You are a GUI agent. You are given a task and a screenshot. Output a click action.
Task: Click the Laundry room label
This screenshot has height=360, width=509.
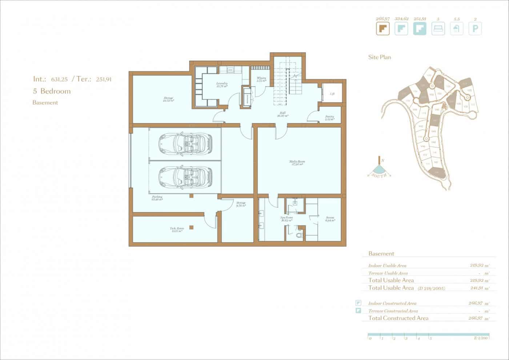point(221,84)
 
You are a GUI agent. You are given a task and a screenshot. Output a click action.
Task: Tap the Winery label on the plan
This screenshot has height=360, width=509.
point(261,79)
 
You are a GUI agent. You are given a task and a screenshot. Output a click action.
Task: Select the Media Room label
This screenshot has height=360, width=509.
point(297,163)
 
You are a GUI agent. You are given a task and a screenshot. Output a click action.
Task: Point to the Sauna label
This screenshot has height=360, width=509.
point(330,219)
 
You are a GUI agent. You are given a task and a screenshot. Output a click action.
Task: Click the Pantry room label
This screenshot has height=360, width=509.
point(329,118)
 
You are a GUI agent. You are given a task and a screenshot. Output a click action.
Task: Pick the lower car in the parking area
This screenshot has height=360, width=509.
point(185,176)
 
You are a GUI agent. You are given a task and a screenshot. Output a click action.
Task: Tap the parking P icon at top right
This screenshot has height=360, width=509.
point(475,28)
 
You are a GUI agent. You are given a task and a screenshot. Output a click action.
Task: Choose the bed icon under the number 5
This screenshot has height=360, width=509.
point(438,28)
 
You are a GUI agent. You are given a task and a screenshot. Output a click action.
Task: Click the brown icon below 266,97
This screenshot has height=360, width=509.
point(382,28)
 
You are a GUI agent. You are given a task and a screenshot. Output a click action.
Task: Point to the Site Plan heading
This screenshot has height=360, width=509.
point(380,57)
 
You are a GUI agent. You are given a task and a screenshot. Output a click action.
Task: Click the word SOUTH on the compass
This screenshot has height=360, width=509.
point(380,176)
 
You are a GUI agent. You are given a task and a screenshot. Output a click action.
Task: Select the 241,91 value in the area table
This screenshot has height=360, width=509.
point(480,288)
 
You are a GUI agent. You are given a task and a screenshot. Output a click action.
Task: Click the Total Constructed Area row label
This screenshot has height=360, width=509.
point(398,318)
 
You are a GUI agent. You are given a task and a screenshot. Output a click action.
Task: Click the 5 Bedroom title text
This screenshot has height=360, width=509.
point(52,91)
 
